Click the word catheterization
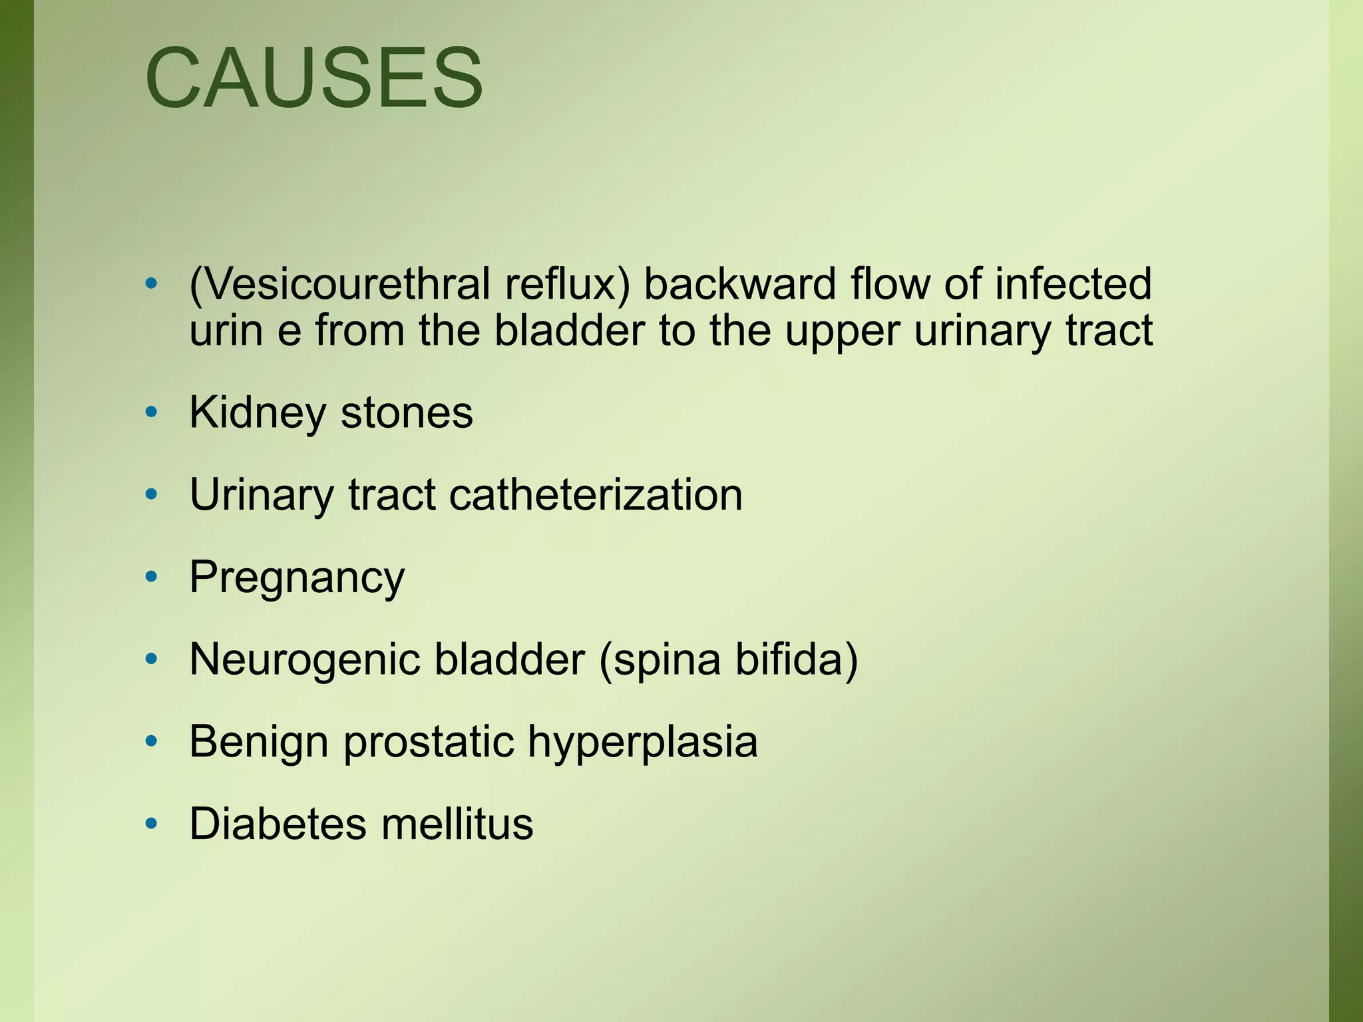click(596, 496)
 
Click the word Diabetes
click(278, 824)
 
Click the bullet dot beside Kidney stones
click(152, 413)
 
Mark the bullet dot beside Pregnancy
click(152, 577)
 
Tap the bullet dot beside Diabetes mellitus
click(152, 824)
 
